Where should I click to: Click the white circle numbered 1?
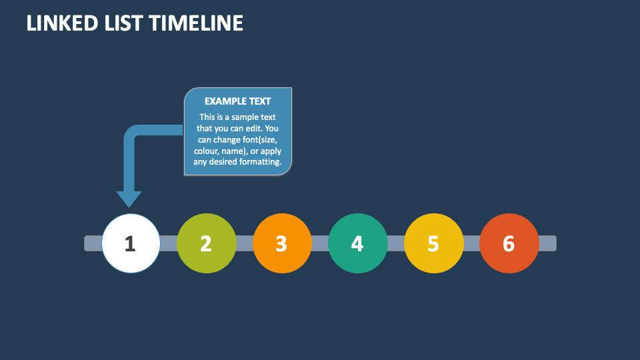[131, 243]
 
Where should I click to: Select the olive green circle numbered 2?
[207, 243]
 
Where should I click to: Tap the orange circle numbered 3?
[282, 243]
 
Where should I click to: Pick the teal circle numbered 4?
[358, 243]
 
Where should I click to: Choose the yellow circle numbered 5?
[434, 243]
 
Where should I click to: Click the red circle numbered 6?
[509, 243]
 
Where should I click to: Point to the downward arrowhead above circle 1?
[129, 199]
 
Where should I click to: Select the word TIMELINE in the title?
[196, 23]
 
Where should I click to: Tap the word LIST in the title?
[123, 23]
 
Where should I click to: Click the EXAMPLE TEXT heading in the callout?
[237, 101]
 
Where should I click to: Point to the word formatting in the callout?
[260, 162]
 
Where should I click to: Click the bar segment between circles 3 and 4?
[321, 243]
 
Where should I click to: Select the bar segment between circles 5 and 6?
[472, 243]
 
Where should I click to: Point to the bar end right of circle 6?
[548, 243]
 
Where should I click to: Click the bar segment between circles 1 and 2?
[169, 243]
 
